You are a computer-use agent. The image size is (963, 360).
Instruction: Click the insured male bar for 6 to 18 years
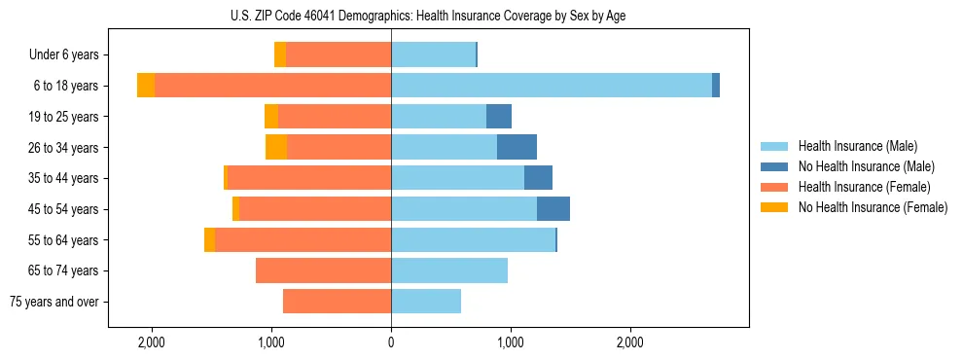point(551,86)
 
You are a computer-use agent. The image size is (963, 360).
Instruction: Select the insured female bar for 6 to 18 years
point(272,86)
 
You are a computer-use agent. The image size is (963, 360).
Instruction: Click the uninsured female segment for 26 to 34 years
point(276,147)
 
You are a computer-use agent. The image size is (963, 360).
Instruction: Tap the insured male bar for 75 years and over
point(426,302)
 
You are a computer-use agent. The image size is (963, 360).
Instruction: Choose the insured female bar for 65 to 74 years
point(323,270)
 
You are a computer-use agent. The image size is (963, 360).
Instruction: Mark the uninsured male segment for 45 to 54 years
point(553,208)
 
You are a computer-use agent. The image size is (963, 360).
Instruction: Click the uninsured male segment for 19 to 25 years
point(499,117)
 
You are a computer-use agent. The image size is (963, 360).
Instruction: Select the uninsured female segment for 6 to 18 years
point(146,86)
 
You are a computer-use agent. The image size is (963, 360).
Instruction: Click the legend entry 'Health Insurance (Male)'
point(856,146)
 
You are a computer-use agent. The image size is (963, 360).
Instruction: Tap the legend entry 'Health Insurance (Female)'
point(860,187)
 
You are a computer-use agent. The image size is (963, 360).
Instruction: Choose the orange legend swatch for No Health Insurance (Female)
point(775,207)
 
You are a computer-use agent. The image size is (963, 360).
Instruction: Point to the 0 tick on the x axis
point(391,342)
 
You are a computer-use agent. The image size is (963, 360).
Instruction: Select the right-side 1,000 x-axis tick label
point(511,342)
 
